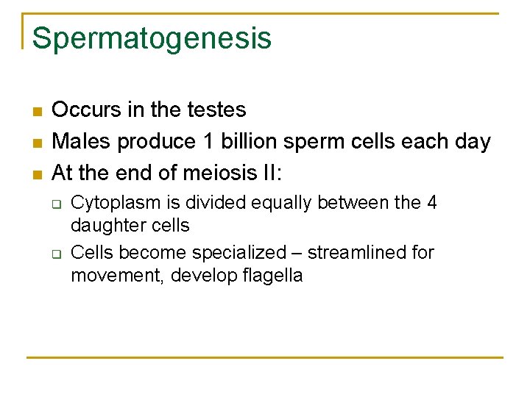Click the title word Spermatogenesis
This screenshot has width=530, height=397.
pyautogui.click(x=152, y=39)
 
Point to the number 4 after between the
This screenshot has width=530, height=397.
pyautogui.click(x=431, y=202)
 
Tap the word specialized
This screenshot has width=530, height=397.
pyautogui.click(x=239, y=253)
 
